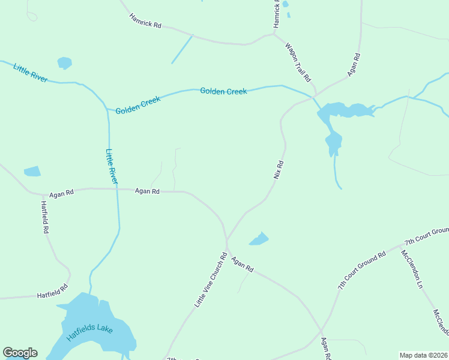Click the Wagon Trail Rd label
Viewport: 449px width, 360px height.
coord(298,62)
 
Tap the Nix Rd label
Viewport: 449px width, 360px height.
coord(278,170)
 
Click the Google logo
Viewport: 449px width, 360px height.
coord(20,353)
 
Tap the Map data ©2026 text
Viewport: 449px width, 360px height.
coord(423,355)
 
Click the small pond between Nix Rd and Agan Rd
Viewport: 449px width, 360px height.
coord(259,239)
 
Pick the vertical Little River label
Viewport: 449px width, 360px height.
coord(112,166)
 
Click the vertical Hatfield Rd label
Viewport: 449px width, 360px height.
coord(45,217)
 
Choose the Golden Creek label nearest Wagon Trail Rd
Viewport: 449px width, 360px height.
coord(223,91)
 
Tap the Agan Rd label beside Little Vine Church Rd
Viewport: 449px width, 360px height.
coord(243,265)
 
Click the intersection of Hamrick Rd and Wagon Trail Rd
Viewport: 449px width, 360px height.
coord(274,34)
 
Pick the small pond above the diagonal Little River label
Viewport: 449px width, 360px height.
coord(64,62)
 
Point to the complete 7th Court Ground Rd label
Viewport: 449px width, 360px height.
coord(361,272)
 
